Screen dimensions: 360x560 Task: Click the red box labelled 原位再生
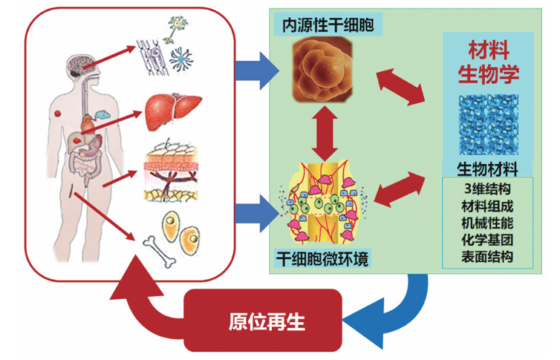point(264,321)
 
